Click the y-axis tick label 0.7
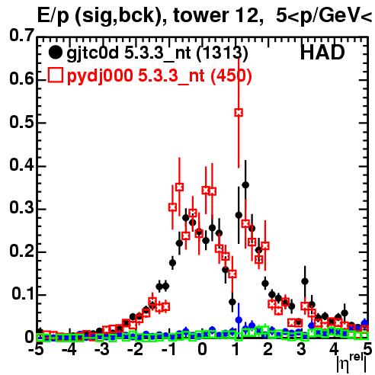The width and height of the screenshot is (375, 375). pyautogui.click(x=21, y=35)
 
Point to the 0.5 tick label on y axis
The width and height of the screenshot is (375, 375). pyautogui.click(x=21, y=122)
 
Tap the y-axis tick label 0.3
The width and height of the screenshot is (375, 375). pyautogui.click(x=21, y=207)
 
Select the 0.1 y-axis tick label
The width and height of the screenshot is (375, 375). pyautogui.click(x=23, y=293)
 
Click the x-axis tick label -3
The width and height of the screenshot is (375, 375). pyautogui.click(x=102, y=350)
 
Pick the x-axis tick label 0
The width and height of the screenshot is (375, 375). pyautogui.click(x=202, y=350)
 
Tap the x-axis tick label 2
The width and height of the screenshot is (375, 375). pyautogui.click(x=268, y=350)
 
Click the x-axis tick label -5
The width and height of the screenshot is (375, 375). pyautogui.click(x=36, y=350)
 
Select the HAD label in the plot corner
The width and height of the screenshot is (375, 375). pyautogui.click(x=322, y=53)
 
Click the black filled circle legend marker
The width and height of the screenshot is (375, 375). pyautogui.click(x=55, y=53)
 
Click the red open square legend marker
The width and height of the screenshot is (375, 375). pyautogui.click(x=55, y=75)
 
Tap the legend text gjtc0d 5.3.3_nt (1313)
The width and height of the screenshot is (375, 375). pyautogui.click(x=157, y=53)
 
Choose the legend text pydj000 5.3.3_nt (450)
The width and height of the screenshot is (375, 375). pyautogui.click(x=159, y=75)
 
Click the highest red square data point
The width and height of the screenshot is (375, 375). pyautogui.click(x=239, y=112)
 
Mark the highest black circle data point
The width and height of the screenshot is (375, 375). pyautogui.click(x=245, y=185)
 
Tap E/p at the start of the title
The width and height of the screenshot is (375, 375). pyautogui.click(x=53, y=16)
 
